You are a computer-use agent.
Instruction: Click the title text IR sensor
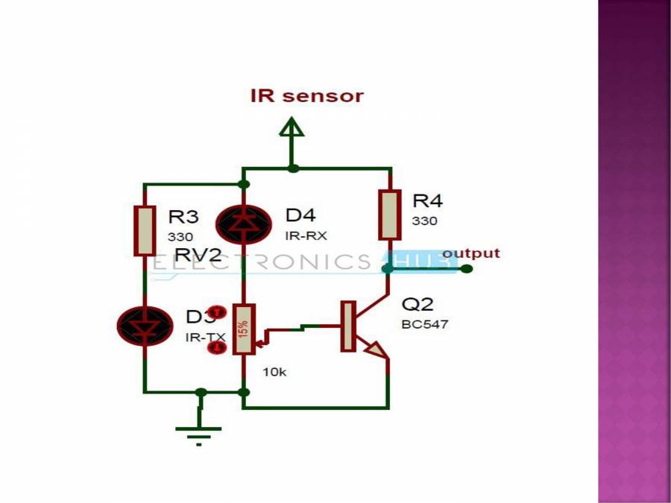pos(306,96)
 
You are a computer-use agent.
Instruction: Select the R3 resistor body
pos(145,231)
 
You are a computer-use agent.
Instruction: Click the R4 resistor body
pos(389,215)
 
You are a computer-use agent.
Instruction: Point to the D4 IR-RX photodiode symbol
pos(243,221)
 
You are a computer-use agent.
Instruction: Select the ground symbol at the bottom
pos(199,430)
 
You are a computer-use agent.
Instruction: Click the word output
pos(470,253)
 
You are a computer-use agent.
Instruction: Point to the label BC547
pos(425,324)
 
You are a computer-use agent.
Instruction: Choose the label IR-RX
pos(306,235)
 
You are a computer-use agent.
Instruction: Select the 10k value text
pos(274,371)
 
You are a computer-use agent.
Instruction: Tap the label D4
pos(300,215)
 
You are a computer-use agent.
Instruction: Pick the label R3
pos(183,217)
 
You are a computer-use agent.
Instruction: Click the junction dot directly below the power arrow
pos(293,168)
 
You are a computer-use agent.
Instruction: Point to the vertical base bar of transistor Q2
pos(347,326)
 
